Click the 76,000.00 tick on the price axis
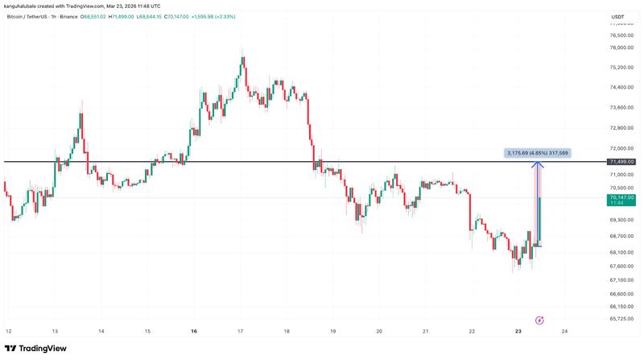tap(622, 48)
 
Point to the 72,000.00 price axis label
tap(622, 148)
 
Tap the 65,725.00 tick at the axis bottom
tap(622, 319)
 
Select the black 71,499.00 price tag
tap(623, 162)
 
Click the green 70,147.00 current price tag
tap(623, 197)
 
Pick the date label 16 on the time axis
tap(194, 331)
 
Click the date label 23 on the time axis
tap(518, 331)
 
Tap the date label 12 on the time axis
tap(8, 331)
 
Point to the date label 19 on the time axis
tap(332, 331)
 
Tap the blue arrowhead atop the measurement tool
tap(537, 165)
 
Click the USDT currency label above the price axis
tap(618, 17)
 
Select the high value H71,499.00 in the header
tap(122, 16)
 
